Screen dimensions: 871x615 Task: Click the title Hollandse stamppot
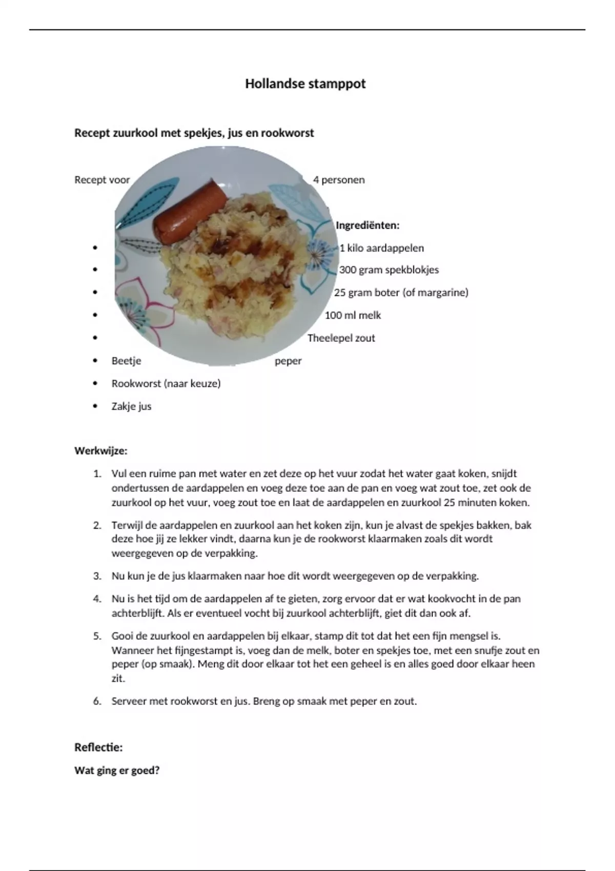click(x=305, y=84)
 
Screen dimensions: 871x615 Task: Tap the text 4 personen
click(x=339, y=180)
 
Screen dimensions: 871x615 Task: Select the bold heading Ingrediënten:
click(x=367, y=225)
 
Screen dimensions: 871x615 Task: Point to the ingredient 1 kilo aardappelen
click(x=382, y=248)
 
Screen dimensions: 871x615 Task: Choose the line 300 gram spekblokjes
click(x=389, y=270)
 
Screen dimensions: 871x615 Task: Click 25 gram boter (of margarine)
click(x=401, y=293)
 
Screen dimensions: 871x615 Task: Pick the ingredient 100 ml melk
click(x=353, y=315)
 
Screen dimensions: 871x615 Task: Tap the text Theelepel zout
click(x=341, y=338)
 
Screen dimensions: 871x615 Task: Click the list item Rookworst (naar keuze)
click(x=166, y=383)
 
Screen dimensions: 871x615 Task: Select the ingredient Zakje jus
click(x=131, y=406)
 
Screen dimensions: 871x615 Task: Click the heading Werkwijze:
click(x=101, y=451)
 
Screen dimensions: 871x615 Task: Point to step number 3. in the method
click(x=97, y=576)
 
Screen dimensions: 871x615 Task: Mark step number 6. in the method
click(x=97, y=701)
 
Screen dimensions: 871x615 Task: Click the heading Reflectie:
click(x=98, y=747)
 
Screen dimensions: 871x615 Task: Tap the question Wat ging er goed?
click(x=117, y=770)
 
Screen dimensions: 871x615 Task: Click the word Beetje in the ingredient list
click(x=126, y=361)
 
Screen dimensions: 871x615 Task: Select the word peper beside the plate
click(x=288, y=361)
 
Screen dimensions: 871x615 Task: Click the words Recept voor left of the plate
click(x=102, y=180)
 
